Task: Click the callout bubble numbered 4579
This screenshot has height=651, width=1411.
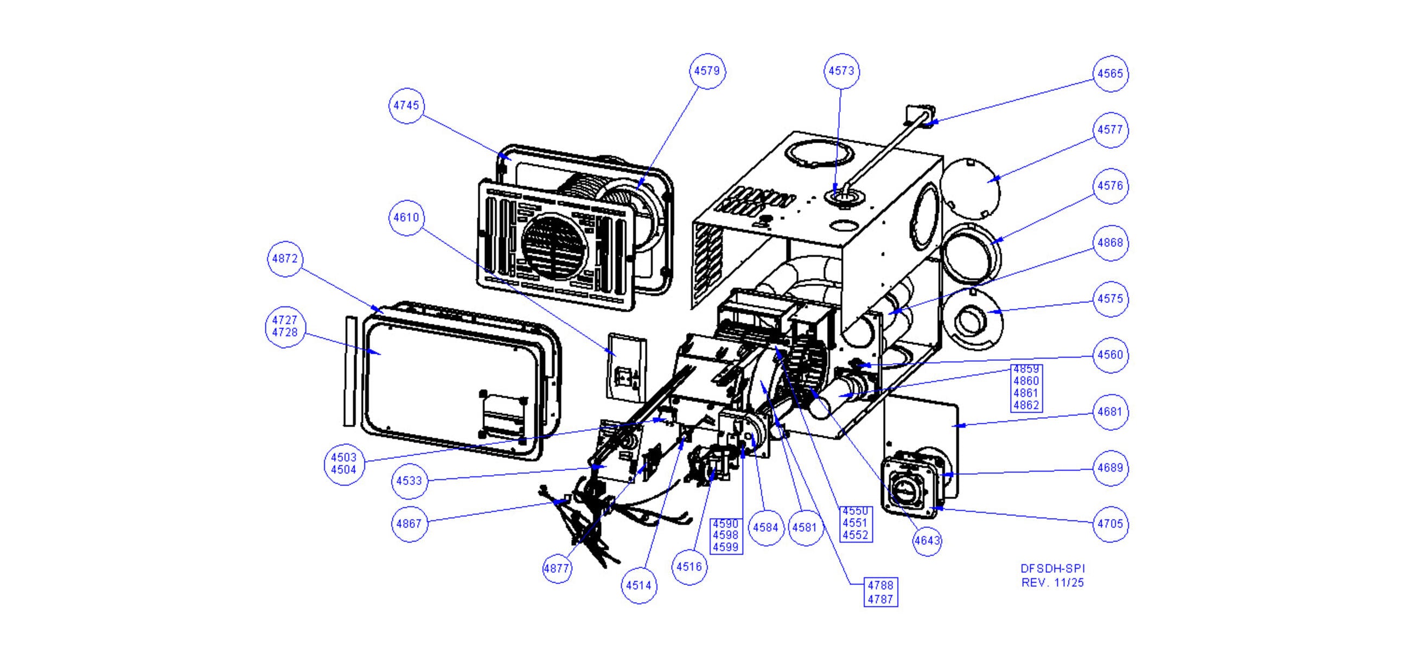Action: tap(707, 71)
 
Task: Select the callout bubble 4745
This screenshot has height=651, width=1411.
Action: tap(406, 105)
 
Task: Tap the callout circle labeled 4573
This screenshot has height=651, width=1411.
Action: tap(841, 71)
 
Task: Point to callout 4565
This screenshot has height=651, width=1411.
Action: tap(1110, 73)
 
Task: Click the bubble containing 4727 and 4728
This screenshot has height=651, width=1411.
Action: tap(285, 327)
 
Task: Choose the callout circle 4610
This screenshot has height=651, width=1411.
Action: tap(406, 218)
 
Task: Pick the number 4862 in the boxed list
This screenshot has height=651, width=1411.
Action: tap(1026, 405)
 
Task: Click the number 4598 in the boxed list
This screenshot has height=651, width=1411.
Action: tap(726, 535)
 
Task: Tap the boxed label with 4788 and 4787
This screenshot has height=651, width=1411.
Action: tap(880, 592)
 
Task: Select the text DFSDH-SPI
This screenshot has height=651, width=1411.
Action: tap(1052, 569)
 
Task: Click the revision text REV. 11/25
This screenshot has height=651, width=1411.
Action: tap(1052, 583)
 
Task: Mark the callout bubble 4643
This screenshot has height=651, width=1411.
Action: tap(927, 541)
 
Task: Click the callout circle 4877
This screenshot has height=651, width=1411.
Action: tap(557, 569)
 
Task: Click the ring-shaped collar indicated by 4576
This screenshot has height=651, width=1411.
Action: tap(971, 252)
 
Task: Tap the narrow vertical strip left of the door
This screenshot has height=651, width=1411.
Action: tap(349, 371)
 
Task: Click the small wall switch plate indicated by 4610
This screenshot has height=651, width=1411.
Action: tap(627, 366)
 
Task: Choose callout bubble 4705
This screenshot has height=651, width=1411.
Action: tap(1110, 524)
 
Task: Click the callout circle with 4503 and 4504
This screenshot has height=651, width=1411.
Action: tap(344, 464)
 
